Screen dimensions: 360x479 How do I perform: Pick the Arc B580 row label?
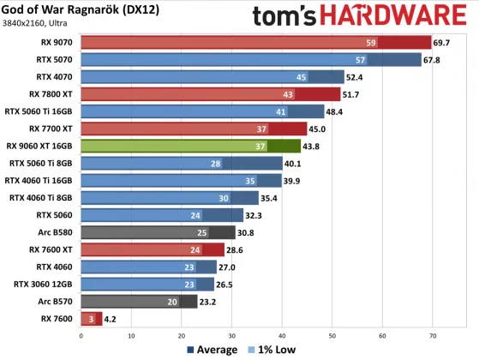(x=55, y=232)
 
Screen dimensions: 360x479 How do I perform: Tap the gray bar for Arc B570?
(x=137, y=302)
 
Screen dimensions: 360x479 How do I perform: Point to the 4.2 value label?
(x=110, y=319)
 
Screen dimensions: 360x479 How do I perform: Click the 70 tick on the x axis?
(x=433, y=335)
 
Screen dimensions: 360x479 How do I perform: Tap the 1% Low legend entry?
(x=272, y=350)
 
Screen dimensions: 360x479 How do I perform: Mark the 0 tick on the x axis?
(x=80, y=335)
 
